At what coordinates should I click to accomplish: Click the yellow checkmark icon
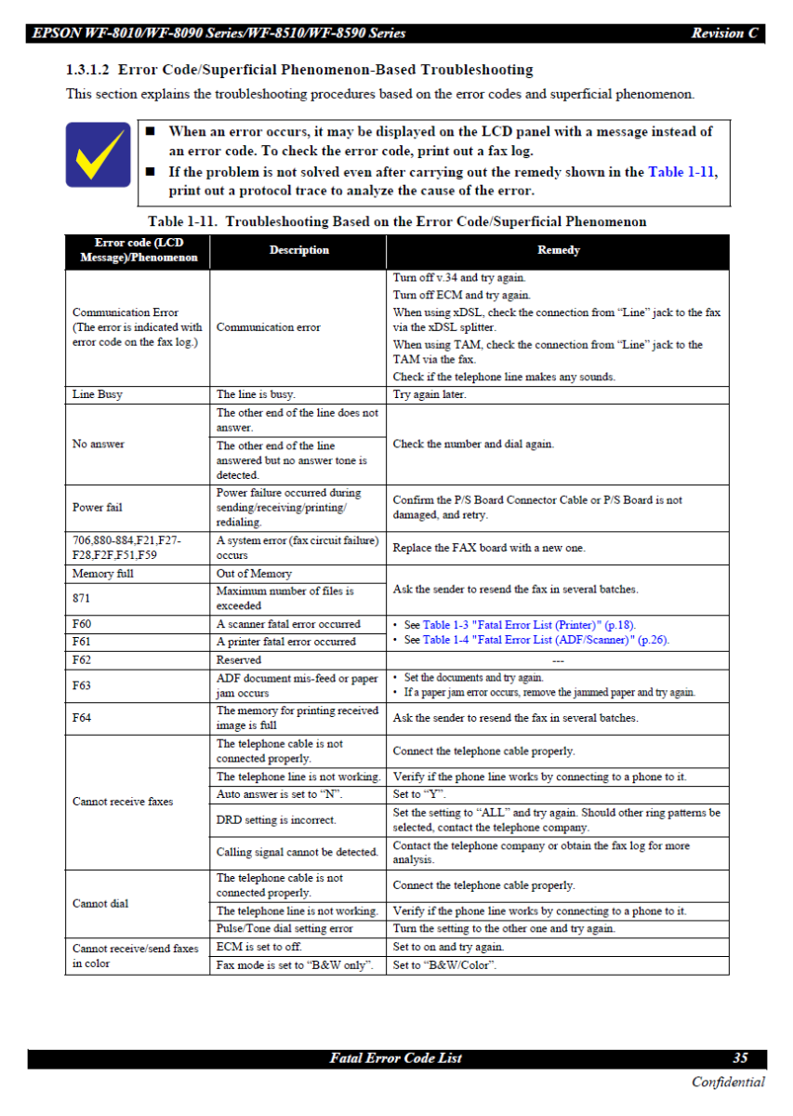coord(97,154)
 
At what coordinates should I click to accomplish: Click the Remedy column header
coord(558,249)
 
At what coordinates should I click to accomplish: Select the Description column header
coord(298,249)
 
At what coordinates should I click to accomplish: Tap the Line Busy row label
coord(98,394)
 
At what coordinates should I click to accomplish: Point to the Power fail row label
coord(97,507)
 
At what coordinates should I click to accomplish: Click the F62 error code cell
coord(82,659)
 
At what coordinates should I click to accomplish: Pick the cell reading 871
coord(82,597)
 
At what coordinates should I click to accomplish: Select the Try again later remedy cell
coord(430,394)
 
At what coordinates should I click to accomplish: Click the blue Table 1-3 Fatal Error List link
coord(529,625)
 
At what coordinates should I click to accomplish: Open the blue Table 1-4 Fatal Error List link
coord(546,640)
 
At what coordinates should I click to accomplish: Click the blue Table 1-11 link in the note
coord(681,172)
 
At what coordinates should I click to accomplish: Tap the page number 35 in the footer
coord(740,1058)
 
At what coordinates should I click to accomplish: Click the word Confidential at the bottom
coord(728,1082)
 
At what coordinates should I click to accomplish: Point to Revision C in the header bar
coord(724,33)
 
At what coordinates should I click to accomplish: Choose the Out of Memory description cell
coord(254,574)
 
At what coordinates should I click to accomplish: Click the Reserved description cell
coord(239,659)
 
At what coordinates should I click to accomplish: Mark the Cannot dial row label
coord(100,903)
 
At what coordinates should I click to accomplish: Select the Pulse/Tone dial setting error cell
coord(284,928)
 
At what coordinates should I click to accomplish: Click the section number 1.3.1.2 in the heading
coord(87,70)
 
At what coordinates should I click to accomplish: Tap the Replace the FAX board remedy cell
coord(489,548)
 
